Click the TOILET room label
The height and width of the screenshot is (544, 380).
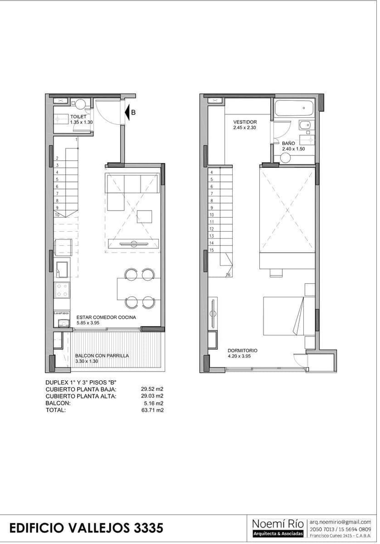click(x=78, y=117)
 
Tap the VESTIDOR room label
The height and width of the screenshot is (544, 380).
click(x=245, y=122)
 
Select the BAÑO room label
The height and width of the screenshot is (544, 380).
click(x=288, y=143)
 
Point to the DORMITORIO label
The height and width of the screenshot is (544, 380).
click(x=243, y=351)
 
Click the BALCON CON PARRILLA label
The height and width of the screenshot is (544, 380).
click(x=102, y=355)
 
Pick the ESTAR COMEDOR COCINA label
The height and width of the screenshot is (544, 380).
click(x=106, y=317)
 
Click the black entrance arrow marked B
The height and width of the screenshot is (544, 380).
click(x=127, y=112)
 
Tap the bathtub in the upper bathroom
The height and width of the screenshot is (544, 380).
click(x=294, y=108)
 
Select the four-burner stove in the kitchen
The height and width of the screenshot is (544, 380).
click(x=62, y=290)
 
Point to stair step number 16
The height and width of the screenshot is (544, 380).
click(x=228, y=275)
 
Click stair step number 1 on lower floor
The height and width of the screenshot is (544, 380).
click(x=76, y=139)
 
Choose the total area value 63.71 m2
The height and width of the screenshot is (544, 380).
click(x=155, y=410)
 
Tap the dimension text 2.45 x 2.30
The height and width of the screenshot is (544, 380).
click(x=245, y=128)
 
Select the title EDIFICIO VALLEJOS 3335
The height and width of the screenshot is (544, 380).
click(x=86, y=528)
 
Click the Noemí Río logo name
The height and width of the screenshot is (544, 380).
click(x=278, y=524)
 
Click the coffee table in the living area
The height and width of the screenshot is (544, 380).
click(x=145, y=216)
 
